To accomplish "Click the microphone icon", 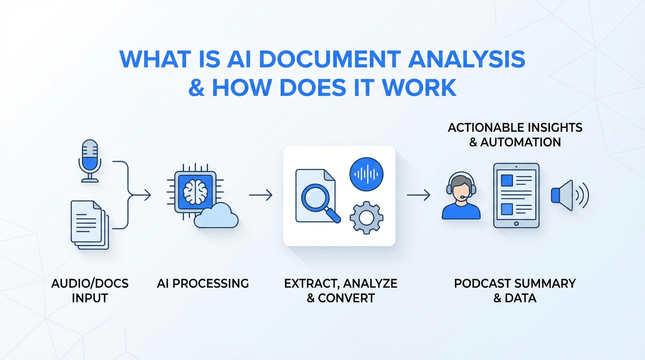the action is pos(90,161).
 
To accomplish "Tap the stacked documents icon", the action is pos(90,225).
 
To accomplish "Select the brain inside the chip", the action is pos(195,192).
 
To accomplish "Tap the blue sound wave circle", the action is pos(366,174).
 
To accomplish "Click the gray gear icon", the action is pos(366,217).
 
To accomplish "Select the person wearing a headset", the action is pos(461,195).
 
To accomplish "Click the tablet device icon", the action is pos(516,195).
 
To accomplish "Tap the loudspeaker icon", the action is pos(570,195).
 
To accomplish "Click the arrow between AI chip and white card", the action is pos(261,195).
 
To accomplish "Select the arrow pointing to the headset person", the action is pos(419,195).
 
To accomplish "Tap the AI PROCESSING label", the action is pos(203,284).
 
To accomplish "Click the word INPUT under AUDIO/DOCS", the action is pos(90,298).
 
